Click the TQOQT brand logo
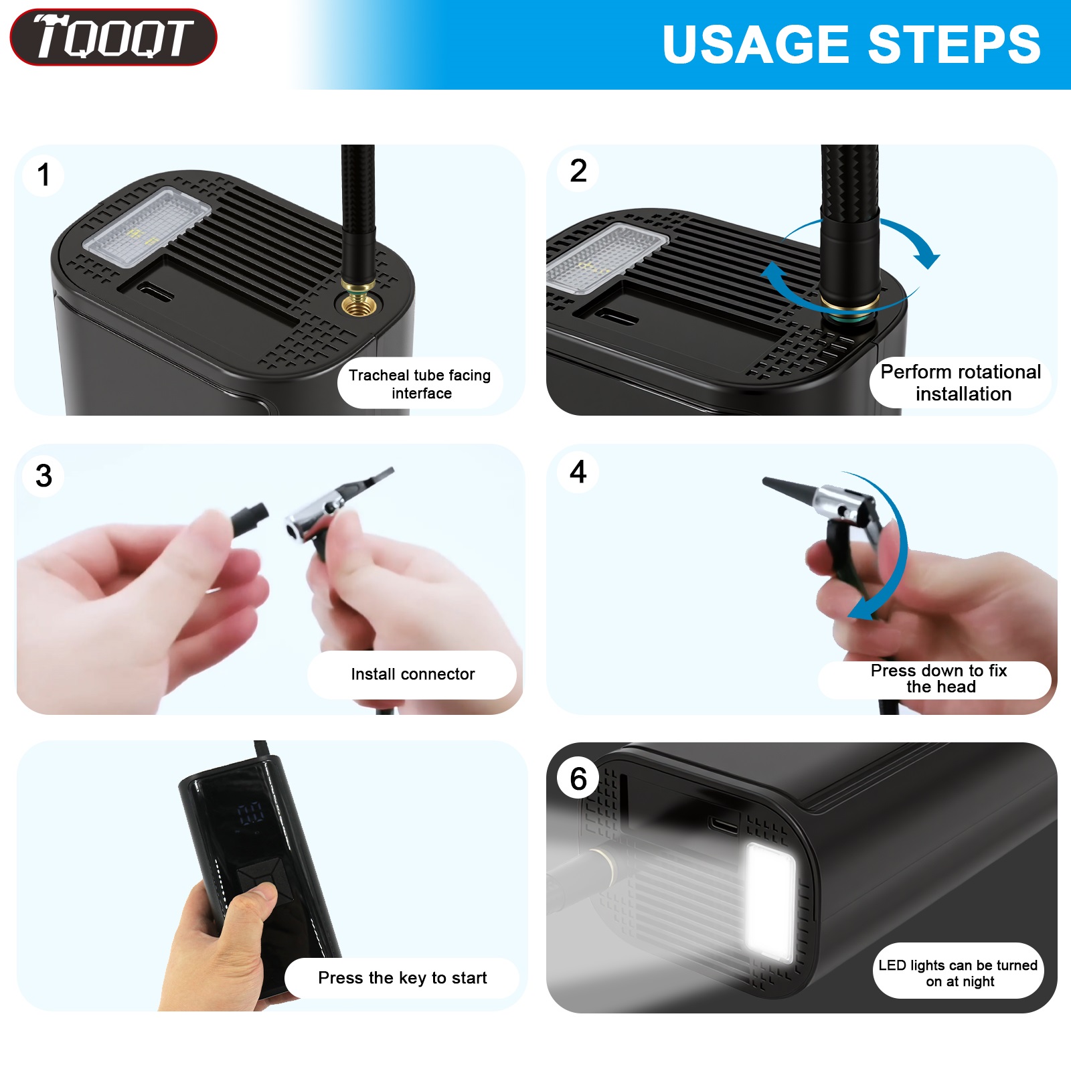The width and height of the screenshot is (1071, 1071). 113,37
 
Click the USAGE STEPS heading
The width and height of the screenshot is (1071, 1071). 851,45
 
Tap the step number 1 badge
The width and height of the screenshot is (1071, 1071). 44,175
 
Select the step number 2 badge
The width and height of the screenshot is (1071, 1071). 578,171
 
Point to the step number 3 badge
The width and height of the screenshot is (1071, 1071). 44,475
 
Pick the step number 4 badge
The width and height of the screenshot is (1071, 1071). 578,471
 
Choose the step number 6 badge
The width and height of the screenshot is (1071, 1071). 578,778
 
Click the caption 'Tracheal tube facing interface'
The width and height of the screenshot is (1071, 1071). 420,384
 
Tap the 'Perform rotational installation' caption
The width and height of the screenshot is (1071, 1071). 961,382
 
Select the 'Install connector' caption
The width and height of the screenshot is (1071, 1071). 412,674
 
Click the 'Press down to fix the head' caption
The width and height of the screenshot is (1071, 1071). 938,679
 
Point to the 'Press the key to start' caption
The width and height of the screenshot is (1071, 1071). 402,978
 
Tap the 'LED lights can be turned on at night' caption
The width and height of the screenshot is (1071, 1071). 958,973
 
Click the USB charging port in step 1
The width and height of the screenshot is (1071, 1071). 155,292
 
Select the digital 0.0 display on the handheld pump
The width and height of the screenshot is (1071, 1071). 250,814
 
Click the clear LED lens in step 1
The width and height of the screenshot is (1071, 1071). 147,221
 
